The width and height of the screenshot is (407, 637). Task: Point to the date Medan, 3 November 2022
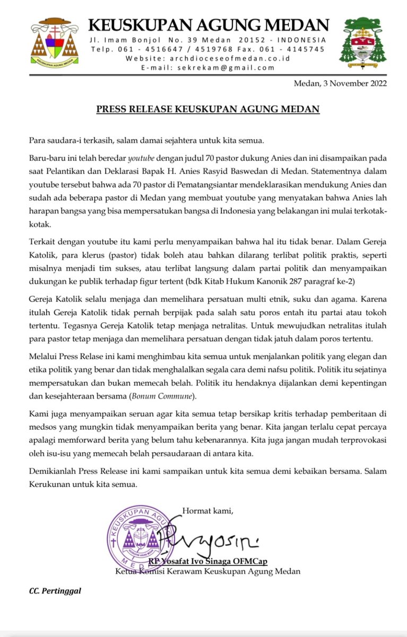[340, 83]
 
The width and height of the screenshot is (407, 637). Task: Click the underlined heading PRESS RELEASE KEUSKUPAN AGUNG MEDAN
[207, 110]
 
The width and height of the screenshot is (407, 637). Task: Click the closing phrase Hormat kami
[208, 511]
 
